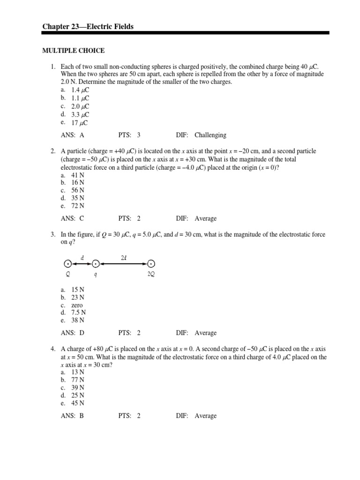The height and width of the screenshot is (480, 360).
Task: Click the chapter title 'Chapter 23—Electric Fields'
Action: coord(88,27)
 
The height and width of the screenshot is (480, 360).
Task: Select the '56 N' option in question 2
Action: coord(77,190)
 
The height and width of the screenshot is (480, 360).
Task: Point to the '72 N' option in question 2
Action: coord(77,206)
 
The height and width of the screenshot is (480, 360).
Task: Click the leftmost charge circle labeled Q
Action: coord(68,264)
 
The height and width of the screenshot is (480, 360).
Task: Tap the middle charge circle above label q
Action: coord(96,264)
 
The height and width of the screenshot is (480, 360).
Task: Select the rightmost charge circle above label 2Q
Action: coord(151,264)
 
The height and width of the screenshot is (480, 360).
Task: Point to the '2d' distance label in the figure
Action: coord(123,257)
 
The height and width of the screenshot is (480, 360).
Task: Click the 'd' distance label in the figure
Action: coord(82,257)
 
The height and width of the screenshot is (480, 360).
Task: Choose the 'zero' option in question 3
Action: coord(76,305)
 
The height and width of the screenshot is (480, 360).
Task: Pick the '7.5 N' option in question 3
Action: coord(78,313)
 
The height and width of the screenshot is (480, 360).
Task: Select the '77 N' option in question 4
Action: coord(77,380)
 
